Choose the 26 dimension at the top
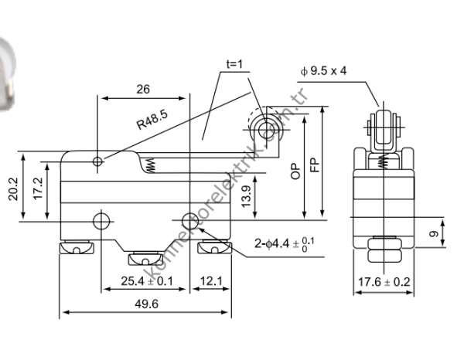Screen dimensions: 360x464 click(x=142, y=89)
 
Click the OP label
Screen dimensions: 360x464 click(x=295, y=172)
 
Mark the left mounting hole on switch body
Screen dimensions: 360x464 click(x=100, y=221)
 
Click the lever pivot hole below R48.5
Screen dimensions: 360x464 click(x=97, y=161)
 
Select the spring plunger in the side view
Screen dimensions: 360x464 click(x=151, y=164)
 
